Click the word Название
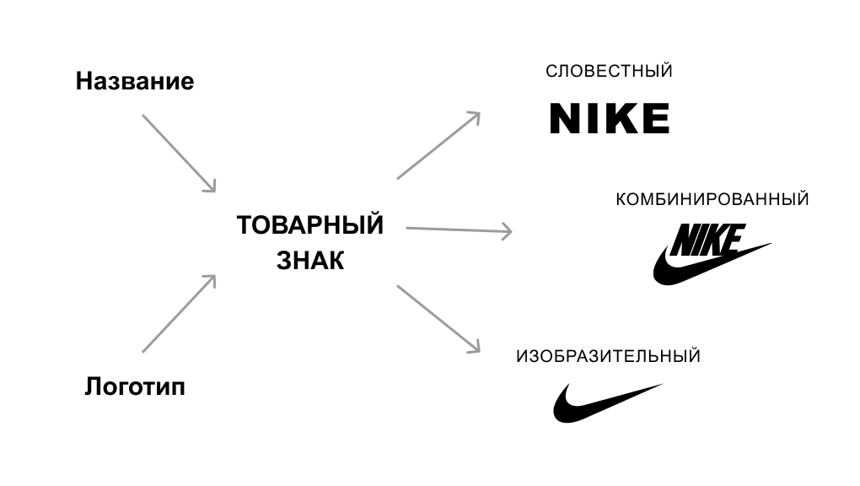[134, 81]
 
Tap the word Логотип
[135, 386]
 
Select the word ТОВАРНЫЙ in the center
[310, 225]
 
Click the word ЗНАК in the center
[310, 261]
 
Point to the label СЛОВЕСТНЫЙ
[609, 72]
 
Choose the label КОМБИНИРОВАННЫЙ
[712, 199]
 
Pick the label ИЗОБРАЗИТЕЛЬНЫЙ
[608, 356]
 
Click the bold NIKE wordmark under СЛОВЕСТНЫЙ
[610, 118]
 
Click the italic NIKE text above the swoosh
[707, 240]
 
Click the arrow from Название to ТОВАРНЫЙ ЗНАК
[179, 154]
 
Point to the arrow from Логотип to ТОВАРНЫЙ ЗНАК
[179, 314]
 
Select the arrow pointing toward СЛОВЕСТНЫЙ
[438, 145]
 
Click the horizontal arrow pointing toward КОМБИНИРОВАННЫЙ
[459, 229]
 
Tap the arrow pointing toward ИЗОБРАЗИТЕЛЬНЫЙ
[438, 319]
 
